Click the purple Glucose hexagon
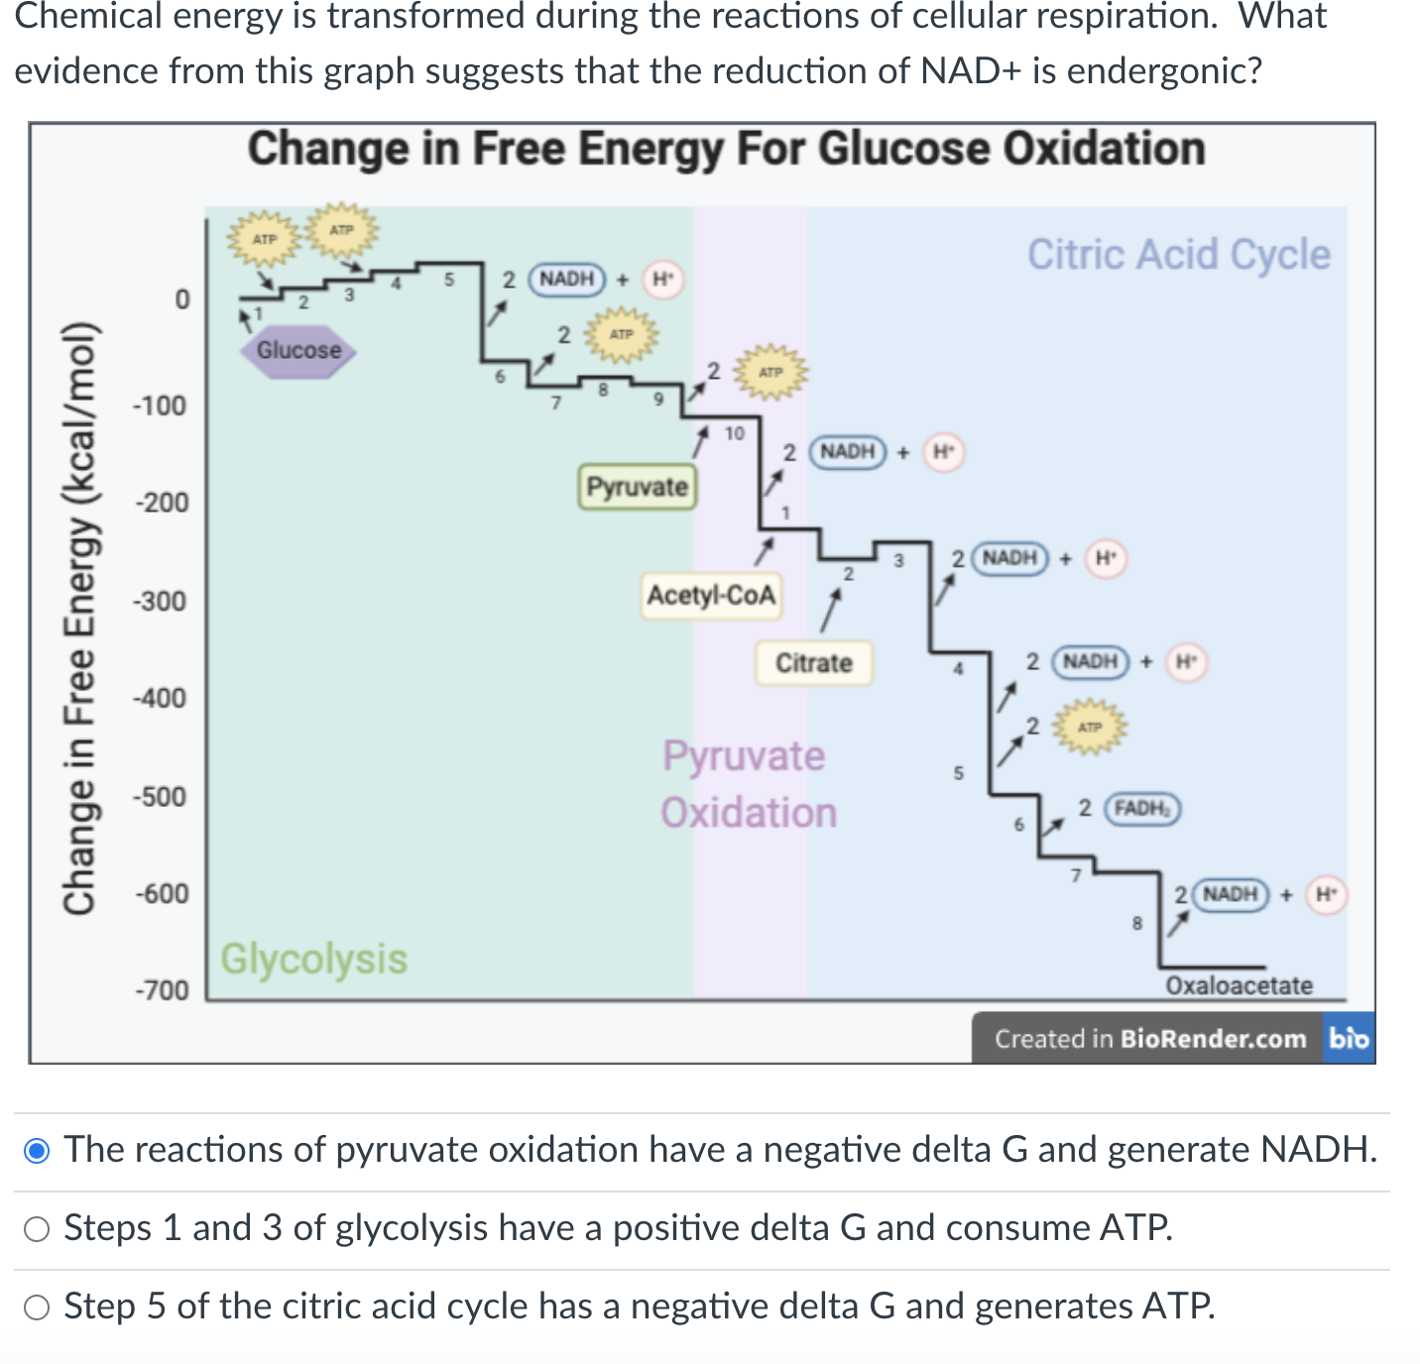298,351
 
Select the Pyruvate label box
637,487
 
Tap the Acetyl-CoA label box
711,596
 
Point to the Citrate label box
814,663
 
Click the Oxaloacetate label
1239,985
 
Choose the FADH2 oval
1142,809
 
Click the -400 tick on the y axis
162,699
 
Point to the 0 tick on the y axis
181,299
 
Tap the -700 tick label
162,990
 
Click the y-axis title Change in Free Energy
79,620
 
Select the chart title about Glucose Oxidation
726,150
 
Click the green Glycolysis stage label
313,960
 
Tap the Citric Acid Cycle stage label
1178,255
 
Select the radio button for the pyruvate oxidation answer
37,1151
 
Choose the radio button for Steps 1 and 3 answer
37,1229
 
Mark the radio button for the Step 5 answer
37,1307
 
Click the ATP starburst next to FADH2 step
1090,728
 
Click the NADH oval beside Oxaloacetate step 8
1231,894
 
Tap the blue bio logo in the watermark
1349,1038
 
